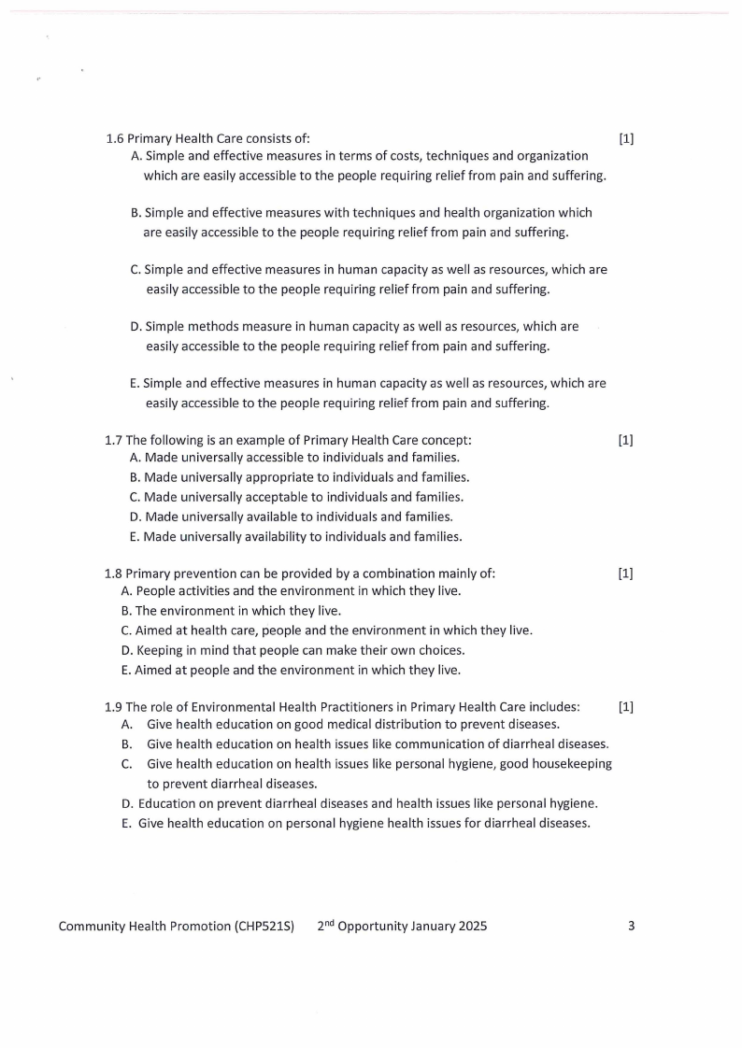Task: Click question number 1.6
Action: (115, 139)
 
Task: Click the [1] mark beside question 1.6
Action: (626, 139)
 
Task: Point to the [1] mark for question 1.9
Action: (626, 707)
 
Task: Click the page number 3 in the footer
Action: (631, 927)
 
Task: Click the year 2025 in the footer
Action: (471, 927)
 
